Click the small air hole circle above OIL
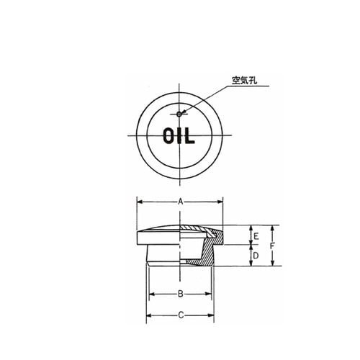tap(179, 112)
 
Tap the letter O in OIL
tap(168, 136)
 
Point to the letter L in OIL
tap(190, 136)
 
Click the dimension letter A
tap(180, 204)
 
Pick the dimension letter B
tap(180, 294)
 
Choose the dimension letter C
tap(180, 315)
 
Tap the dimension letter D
tap(253, 256)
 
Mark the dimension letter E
tap(253, 235)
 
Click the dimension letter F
tap(273, 246)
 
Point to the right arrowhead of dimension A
tap(222, 204)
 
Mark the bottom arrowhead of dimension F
tap(272, 264)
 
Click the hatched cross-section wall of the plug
tap(209, 253)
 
